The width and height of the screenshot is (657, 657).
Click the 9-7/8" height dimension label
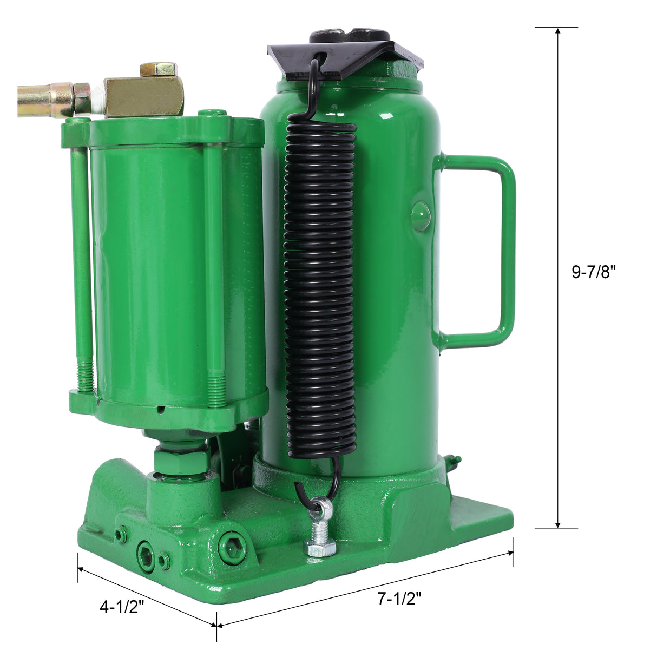click(x=594, y=272)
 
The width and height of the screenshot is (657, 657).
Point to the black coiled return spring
click(x=321, y=287)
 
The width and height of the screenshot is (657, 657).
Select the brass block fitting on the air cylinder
click(x=143, y=96)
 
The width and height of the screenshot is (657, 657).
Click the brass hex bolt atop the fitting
click(x=157, y=69)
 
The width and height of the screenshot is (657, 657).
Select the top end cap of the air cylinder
click(x=162, y=130)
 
